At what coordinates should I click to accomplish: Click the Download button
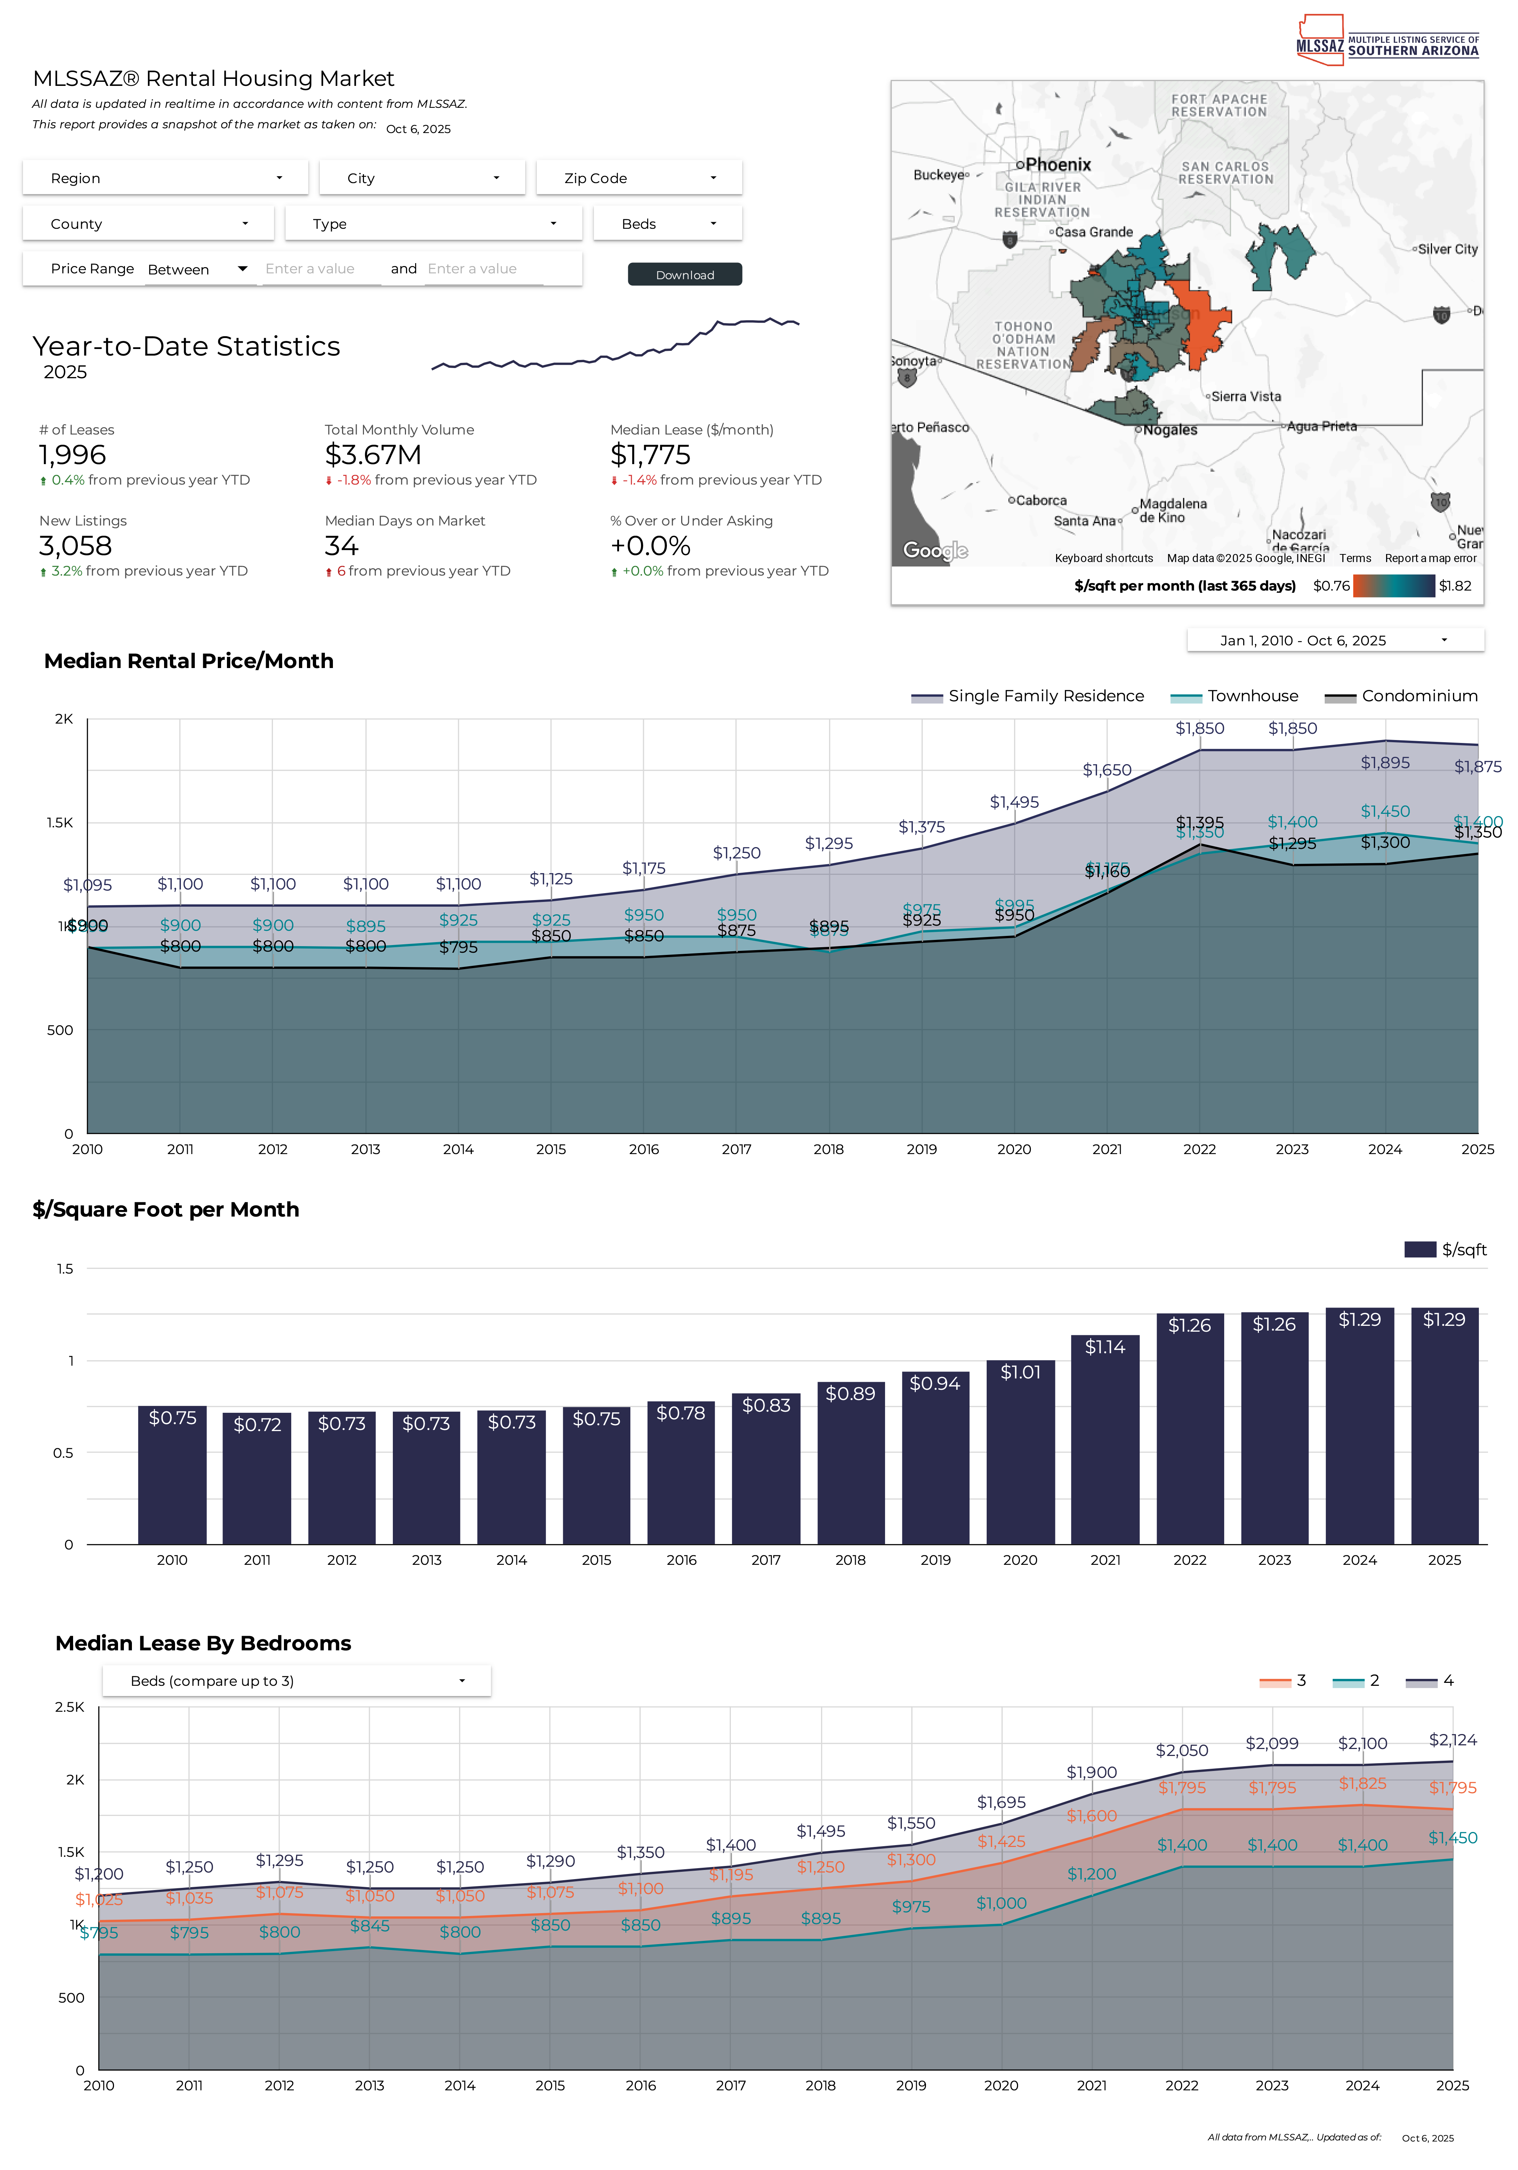pos(684,274)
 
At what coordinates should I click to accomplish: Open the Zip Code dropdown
pos(639,178)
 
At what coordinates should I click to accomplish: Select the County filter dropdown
pos(148,224)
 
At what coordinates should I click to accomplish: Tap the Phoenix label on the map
pos(1058,164)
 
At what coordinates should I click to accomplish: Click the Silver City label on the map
pos(1447,250)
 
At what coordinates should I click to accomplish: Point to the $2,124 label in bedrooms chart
pos(1452,1740)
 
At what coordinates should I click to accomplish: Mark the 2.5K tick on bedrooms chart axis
pos(70,1707)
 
